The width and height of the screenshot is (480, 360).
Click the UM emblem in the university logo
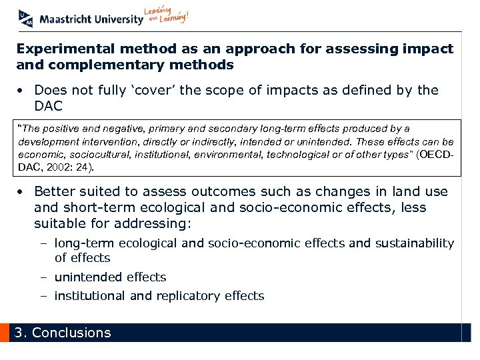(x=25, y=18)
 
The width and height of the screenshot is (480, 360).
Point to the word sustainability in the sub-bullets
(x=413, y=243)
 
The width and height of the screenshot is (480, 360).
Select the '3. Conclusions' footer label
(x=63, y=333)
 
